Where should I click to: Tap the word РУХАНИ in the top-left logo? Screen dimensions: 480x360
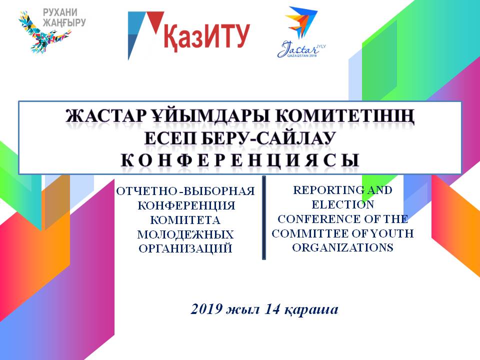[60, 13]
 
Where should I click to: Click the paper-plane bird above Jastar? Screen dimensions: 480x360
[301, 22]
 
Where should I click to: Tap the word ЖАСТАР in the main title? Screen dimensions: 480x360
[104, 116]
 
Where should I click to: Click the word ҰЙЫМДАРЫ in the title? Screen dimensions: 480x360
[209, 116]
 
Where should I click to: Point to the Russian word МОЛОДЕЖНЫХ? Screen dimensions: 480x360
[185, 234]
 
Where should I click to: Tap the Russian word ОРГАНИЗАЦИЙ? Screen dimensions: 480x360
[185, 248]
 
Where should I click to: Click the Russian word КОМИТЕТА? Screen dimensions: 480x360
[185, 220]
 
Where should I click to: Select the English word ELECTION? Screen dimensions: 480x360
[343, 204]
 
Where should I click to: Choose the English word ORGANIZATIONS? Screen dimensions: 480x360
[343, 247]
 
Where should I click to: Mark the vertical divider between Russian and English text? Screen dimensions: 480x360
[264, 217]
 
